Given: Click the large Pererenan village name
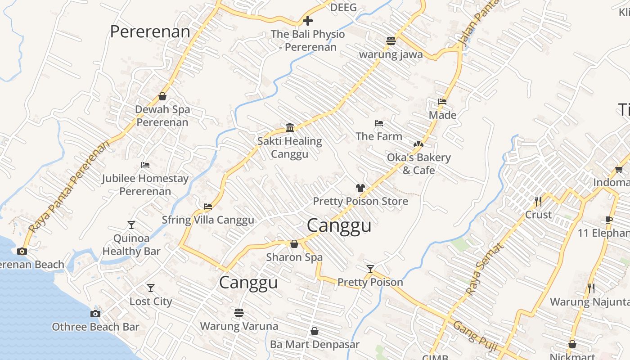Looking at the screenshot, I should point(150,32).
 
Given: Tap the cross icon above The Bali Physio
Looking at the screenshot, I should point(308,21).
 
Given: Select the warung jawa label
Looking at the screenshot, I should point(391,54).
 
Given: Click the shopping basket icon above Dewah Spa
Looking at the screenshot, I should point(162,97).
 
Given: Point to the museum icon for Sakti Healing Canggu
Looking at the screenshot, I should point(290,128).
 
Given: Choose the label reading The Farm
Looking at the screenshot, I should point(378,136).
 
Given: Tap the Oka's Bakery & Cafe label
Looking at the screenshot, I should point(418,164).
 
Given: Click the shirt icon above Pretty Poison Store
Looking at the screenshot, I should point(360,188).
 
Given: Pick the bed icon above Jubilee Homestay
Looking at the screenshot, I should point(145,165).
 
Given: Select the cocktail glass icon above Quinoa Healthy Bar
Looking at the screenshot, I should point(131,225).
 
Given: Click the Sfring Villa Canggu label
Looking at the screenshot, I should point(208,220).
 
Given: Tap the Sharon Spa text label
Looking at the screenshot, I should point(294,257).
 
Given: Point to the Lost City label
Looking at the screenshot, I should point(151,301).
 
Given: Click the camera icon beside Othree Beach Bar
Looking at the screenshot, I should point(95,314).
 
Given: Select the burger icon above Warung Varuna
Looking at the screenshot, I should point(238,312).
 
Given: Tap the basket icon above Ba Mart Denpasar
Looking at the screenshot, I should point(315,332).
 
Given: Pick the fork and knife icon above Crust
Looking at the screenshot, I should point(538,201).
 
